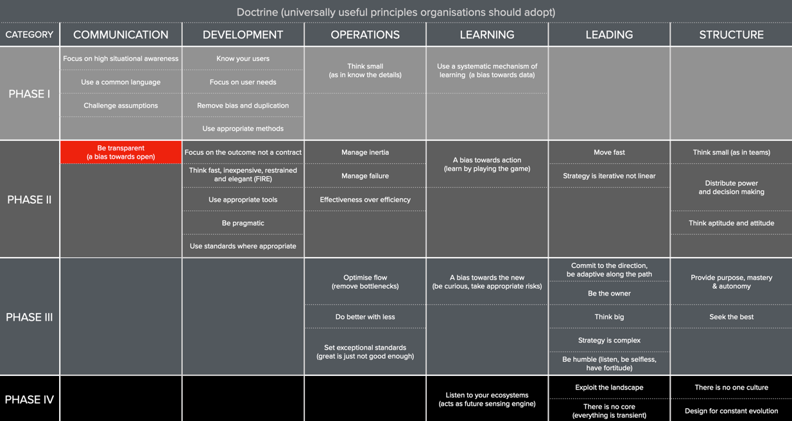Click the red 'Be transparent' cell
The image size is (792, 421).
(121, 152)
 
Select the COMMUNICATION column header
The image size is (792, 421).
(121, 35)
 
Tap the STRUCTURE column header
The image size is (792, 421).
(731, 35)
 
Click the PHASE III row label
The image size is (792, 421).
(30, 317)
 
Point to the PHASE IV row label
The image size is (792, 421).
(30, 399)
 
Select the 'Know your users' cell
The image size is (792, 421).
(243, 58)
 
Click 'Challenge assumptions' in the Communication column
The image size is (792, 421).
(121, 105)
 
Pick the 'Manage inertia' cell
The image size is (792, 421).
(365, 152)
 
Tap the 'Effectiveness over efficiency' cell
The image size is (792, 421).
(365, 199)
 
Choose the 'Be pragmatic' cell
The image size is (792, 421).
(243, 223)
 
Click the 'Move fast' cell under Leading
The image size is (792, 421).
(609, 152)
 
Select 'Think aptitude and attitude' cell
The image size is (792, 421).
(731, 223)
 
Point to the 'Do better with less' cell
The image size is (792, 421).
(365, 317)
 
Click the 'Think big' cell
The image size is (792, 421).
(609, 317)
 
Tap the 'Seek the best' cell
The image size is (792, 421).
(731, 317)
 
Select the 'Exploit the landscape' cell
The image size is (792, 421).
(609, 388)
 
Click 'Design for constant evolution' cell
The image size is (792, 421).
(731, 411)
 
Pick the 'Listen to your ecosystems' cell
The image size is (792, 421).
(487, 399)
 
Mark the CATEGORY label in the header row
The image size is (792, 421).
(30, 35)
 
